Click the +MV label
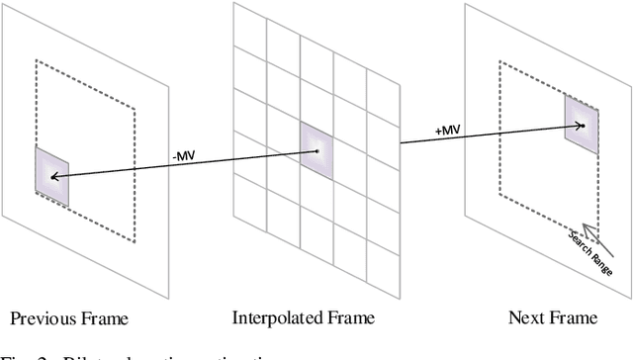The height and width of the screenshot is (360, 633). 419,127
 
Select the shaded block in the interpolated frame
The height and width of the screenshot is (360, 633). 316,150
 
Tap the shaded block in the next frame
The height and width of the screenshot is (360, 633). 582,125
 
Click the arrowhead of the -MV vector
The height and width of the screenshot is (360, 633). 53,177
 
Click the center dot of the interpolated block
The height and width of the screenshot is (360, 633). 316,150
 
